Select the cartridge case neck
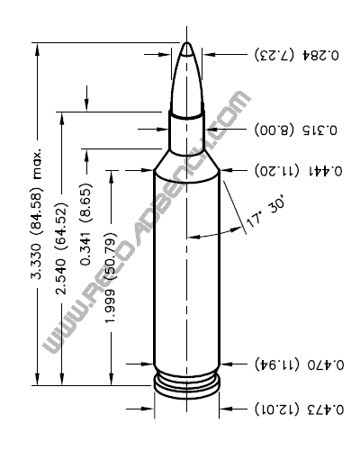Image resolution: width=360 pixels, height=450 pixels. [x=186, y=130]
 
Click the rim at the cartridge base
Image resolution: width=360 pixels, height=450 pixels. [x=186, y=388]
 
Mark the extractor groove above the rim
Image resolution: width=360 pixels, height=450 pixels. [x=186, y=377]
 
